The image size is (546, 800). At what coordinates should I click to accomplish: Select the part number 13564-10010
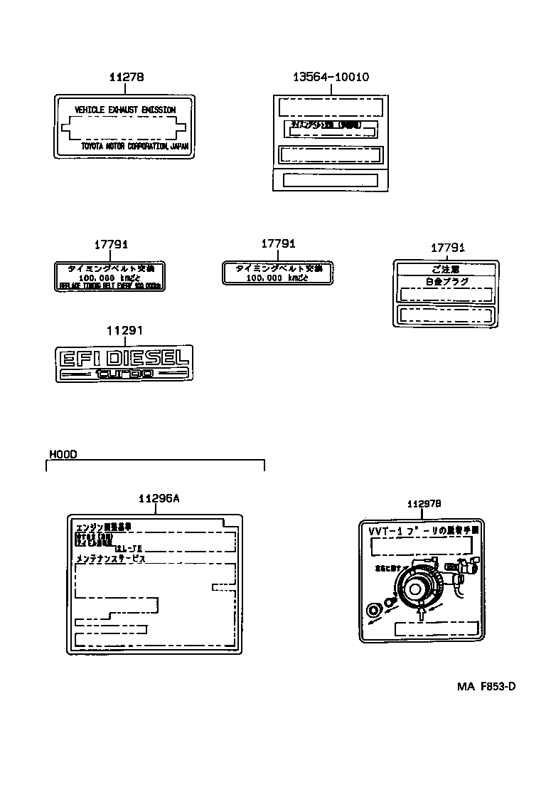[x=331, y=77]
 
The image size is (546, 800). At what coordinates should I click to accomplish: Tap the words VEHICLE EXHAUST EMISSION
[x=125, y=110]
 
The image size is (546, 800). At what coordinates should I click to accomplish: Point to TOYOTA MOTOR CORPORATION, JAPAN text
[x=134, y=147]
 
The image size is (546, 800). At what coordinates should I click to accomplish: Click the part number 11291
[x=125, y=331]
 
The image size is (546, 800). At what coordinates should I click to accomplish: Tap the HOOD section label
[x=63, y=453]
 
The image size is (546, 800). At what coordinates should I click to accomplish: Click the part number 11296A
[x=158, y=499]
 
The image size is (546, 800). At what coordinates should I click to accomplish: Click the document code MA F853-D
[x=486, y=687]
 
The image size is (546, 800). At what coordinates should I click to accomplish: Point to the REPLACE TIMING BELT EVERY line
[x=109, y=285]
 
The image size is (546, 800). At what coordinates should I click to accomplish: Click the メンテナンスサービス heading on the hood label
[x=110, y=559]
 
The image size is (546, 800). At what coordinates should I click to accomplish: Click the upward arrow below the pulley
[x=423, y=611]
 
